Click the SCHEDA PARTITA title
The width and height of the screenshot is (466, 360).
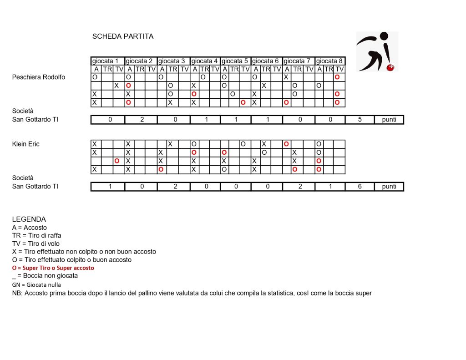(123, 36)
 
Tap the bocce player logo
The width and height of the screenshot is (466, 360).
(376, 51)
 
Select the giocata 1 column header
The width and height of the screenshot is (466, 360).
(108, 61)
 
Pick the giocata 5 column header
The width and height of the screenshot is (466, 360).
(235, 61)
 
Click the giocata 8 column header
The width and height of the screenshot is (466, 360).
(329, 61)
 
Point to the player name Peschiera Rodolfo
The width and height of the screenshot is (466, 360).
(39, 77)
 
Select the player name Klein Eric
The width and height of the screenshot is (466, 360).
(26, 144)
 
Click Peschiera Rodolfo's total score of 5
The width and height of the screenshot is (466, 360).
(360, 120)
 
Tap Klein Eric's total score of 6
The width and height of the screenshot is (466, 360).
(360, 187)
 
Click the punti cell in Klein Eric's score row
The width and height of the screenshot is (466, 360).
(389, 187)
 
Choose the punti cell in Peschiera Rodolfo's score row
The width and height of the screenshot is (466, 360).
(389, 120)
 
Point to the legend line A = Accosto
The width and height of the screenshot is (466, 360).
(30, 228)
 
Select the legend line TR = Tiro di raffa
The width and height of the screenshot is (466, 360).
(37, 235)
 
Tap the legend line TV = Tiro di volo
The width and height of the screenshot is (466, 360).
(36, 243)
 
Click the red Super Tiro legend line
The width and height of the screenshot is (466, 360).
(53, 268)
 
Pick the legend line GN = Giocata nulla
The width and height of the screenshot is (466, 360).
(36, 284)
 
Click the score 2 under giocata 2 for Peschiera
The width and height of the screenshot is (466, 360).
(141, 120)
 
